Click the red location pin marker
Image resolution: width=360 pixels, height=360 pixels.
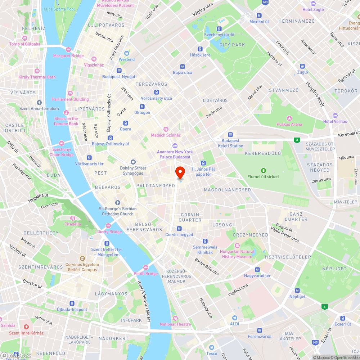point(180,172)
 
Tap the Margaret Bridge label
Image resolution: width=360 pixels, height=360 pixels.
point(68,56)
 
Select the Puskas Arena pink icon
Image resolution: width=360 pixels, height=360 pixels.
point(289,118)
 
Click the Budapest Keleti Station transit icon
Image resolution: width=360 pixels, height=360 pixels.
point(230,135)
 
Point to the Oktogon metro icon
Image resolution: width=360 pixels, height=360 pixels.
point(142,107)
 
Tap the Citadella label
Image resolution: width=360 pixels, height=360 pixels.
point(73,224)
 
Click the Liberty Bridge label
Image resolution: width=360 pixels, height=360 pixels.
point(108,232)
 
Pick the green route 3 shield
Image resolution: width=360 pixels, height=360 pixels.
point(297,140)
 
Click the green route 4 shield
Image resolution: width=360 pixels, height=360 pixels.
point(325,307)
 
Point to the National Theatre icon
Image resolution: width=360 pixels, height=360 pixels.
point(175,318)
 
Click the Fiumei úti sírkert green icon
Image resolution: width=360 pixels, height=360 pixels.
point(264,171)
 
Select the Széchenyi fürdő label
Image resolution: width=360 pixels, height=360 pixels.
point(219,35)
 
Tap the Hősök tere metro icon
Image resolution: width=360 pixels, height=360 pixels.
point(200,49)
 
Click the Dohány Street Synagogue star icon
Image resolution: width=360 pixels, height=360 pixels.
point(133,162)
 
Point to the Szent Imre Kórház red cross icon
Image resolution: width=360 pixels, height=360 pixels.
point(26,327)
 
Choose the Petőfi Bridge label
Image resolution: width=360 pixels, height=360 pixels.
point(146,274)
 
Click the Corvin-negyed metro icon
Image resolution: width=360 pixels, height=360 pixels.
point(179,229)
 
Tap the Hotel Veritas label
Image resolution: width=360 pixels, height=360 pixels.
point(335,121)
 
